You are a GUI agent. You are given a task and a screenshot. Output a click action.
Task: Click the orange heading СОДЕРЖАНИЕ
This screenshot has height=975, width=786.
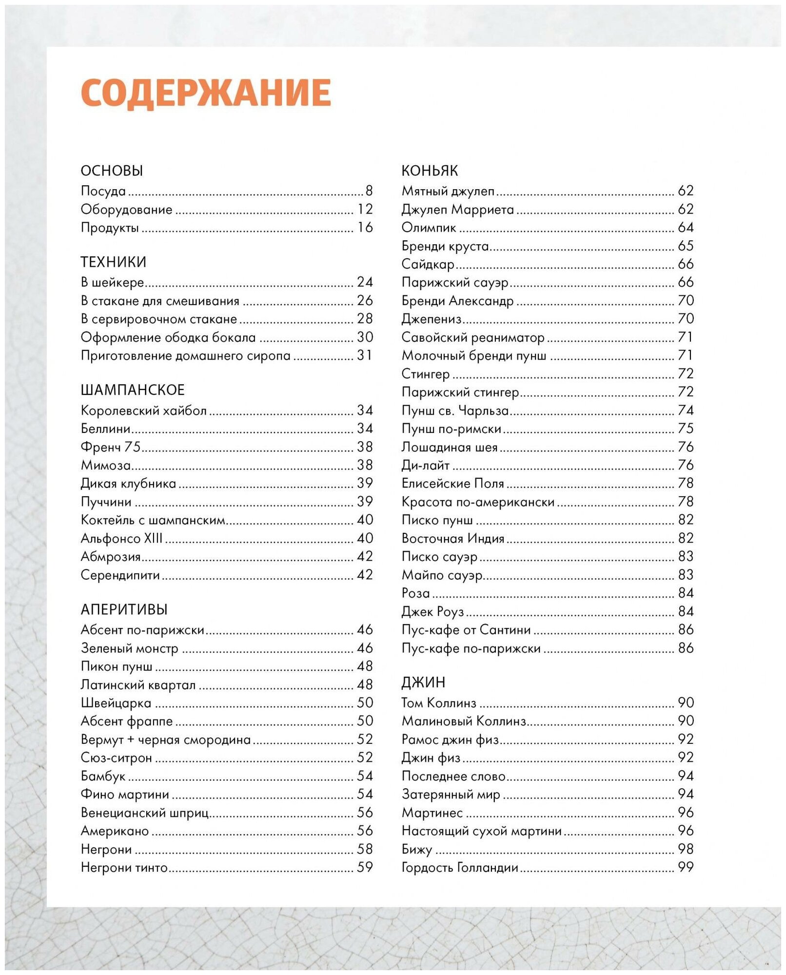point(206,93)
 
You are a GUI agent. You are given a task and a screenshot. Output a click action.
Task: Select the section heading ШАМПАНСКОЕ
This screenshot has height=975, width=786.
point(133,390)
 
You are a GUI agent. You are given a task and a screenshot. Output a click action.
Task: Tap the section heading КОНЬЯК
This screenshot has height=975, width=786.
point(430,171)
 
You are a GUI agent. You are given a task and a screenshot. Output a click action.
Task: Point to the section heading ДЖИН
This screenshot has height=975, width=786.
point(423,682)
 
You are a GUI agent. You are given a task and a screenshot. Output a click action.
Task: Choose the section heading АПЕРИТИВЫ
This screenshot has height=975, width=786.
point(124,609)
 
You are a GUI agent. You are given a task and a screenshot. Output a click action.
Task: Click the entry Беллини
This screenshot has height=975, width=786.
point(106,429)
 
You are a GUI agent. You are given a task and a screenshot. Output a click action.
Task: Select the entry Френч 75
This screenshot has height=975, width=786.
point(111,447)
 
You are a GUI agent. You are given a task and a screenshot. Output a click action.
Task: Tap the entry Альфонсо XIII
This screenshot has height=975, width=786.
point(121,539)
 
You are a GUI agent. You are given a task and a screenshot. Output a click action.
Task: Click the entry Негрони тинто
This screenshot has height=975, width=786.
point(124,868)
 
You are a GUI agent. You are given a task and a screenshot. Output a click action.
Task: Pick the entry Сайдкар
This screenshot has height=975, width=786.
point(428,264)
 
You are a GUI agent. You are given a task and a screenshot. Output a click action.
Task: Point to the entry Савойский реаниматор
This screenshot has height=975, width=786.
point(473,337)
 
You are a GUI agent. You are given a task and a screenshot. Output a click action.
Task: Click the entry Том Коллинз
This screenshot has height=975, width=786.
point(439,703)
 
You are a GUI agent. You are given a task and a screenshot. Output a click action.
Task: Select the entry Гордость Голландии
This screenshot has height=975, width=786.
point(460,868)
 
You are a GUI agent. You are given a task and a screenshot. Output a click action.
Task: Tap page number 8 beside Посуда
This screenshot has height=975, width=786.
point(369,191)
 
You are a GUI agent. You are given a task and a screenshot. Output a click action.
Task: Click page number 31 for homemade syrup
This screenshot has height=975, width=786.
point(365,355)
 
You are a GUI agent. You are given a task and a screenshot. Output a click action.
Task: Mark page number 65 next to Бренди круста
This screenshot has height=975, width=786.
point(686,246)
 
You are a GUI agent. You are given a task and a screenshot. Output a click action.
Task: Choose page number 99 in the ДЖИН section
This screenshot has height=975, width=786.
point(686,867)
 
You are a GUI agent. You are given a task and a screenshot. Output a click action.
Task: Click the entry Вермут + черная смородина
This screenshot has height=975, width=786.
point(166,740)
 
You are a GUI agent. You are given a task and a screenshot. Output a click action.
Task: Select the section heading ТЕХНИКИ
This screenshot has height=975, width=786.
point(113,262)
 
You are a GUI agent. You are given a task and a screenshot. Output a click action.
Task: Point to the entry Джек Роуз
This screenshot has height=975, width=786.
point(432,612)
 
